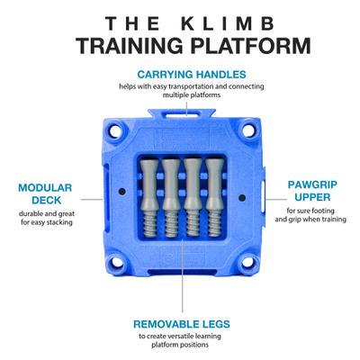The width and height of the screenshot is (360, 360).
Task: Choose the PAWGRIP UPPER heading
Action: (x=314, y=190)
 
